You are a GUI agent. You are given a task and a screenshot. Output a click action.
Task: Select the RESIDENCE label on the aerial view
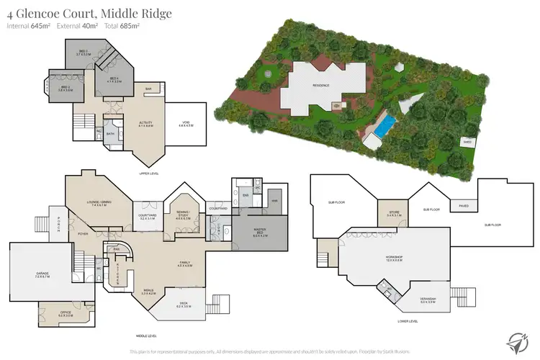(x=320, y=85)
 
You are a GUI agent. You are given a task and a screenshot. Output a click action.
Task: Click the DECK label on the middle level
(x=184, y=305)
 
